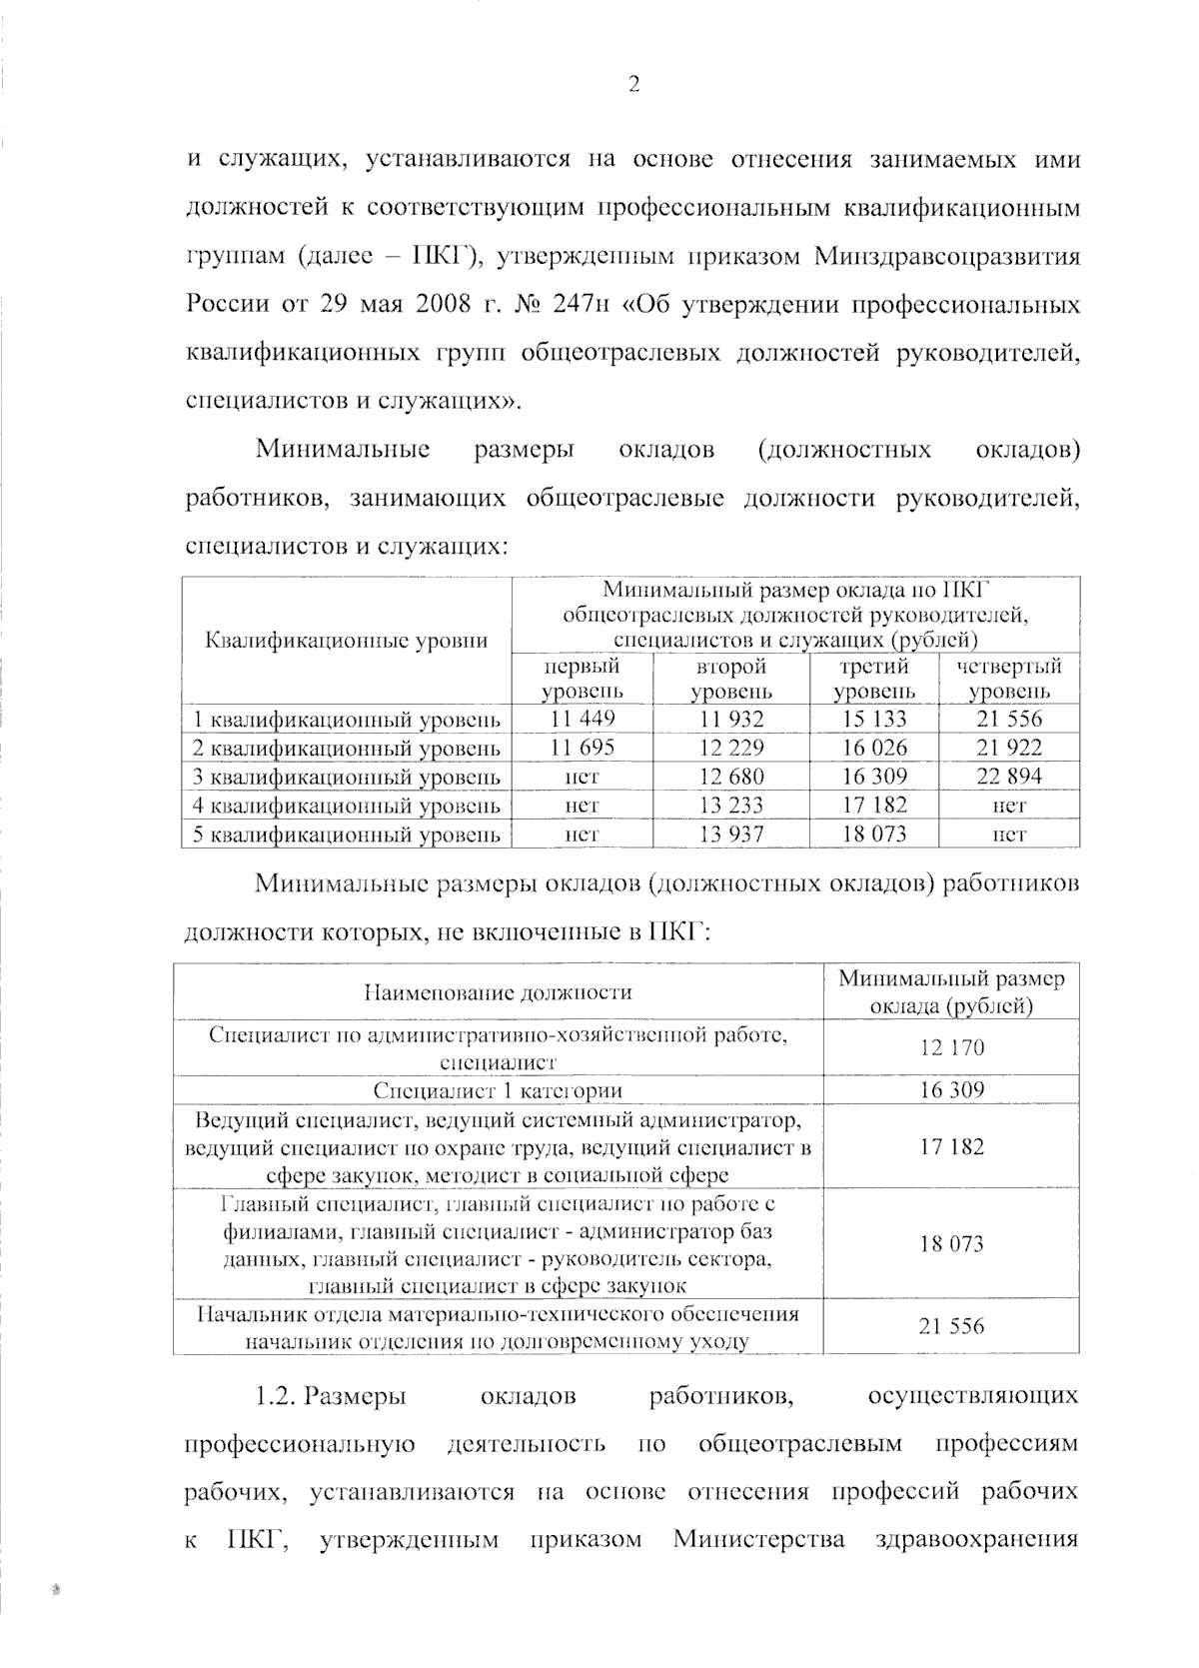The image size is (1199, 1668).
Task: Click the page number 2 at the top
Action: [632, 85]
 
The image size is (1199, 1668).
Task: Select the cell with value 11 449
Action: [583, 719]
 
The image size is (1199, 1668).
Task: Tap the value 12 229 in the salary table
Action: [731, 748]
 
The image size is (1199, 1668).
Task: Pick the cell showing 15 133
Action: [874, 719]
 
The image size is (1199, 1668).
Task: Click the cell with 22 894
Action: [1008, 777]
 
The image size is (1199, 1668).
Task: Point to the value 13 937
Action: [731, 834]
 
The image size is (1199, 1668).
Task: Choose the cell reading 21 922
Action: [1008, 748]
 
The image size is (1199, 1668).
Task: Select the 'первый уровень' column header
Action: [583, 679]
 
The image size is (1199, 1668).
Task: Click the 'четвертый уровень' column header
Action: [1008, 679]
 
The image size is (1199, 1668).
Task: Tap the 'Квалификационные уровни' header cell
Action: [346, 641]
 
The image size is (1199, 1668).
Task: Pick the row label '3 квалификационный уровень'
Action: [346, 777]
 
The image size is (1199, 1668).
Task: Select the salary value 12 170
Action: [951, 1047]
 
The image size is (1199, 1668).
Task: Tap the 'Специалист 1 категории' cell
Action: [498, 1090]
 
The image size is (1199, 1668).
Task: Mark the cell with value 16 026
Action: [874, 748]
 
